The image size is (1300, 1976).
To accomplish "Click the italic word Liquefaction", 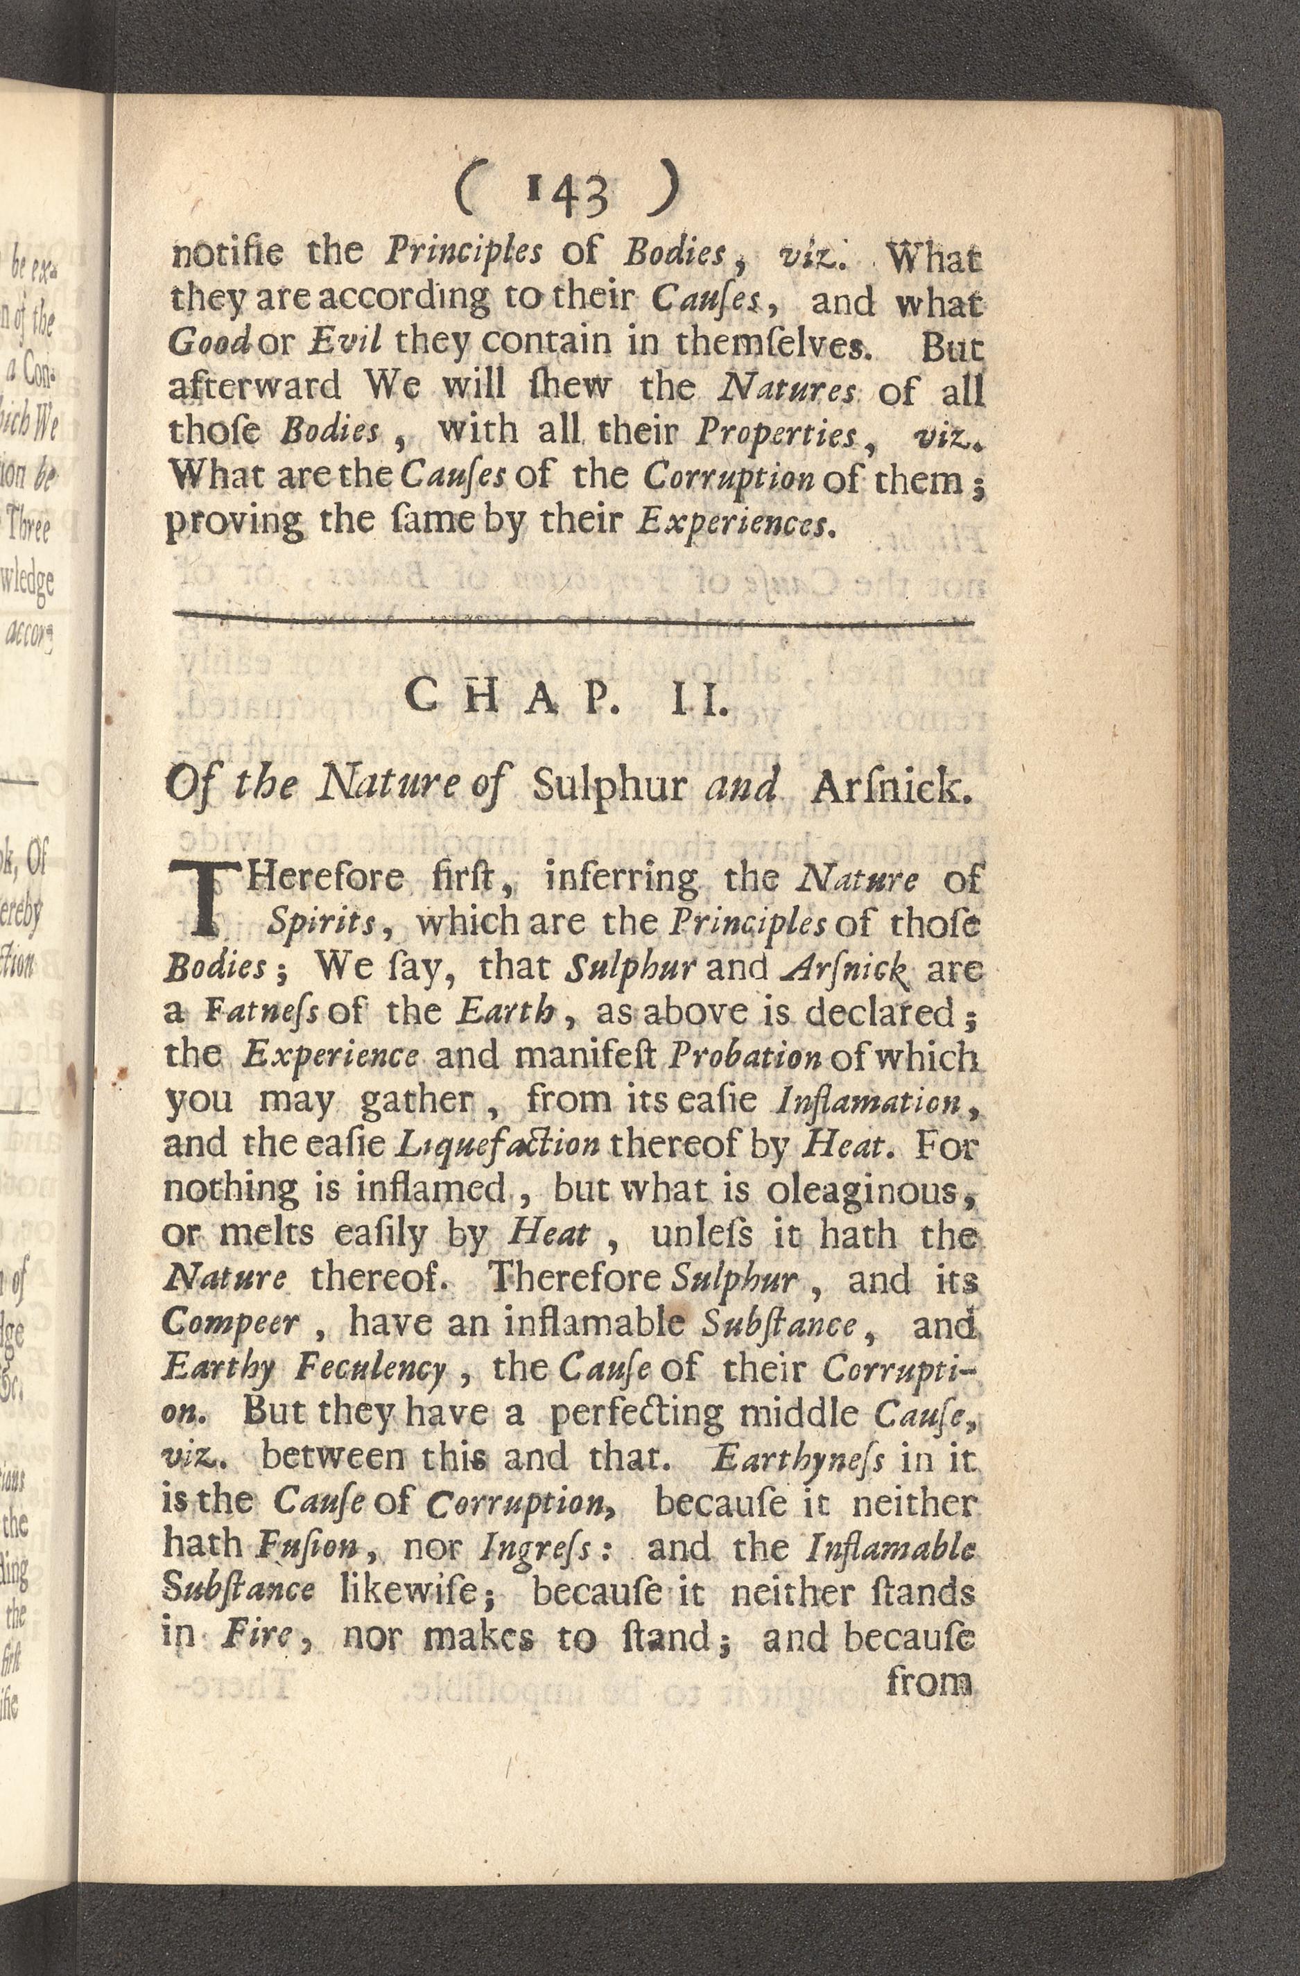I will [497, 1147].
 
